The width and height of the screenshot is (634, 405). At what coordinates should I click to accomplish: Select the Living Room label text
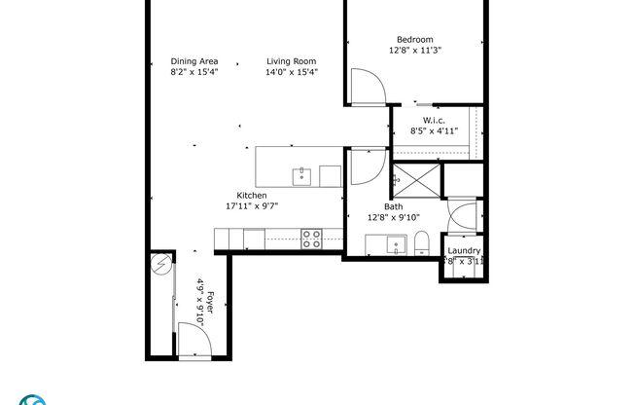pos(292,60)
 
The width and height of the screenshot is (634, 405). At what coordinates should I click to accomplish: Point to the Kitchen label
pos(251,196)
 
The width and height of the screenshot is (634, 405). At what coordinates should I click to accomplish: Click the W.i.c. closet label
pos(433,121)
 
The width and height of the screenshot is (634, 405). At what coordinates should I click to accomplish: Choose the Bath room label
pos(393,206)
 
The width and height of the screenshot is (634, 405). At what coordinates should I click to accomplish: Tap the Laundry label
pos(463,251)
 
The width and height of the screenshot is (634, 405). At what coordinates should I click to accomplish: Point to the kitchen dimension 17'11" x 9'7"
pos(251,206)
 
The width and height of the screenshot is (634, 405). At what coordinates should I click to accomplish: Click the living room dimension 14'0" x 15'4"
pos(292,71)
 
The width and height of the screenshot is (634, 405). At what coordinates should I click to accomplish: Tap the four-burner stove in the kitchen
pos(311,239)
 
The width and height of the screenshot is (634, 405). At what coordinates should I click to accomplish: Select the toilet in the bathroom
pos(421,243)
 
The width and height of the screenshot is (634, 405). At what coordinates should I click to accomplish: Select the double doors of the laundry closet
pos(462,216)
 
